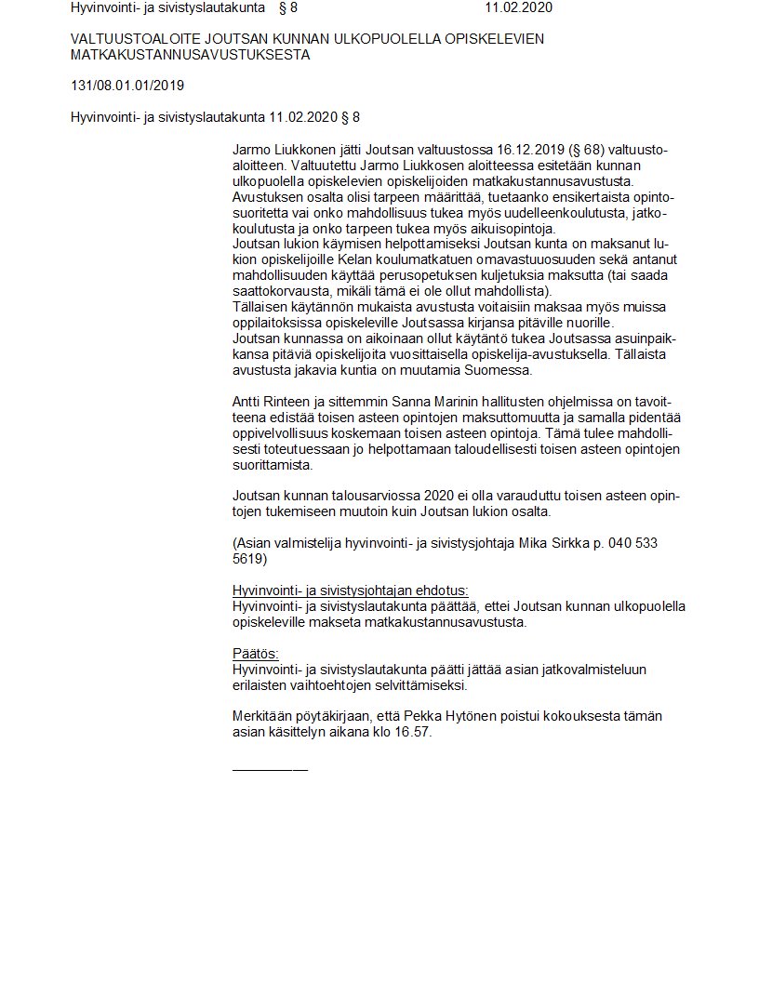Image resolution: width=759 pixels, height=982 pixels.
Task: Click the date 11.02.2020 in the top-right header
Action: pos(517,8)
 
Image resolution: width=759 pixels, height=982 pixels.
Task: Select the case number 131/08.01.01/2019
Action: pos(127,86)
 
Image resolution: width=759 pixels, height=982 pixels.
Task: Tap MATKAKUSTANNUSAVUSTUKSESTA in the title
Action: pos(191,55)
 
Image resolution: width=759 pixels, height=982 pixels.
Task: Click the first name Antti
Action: pos(247,402)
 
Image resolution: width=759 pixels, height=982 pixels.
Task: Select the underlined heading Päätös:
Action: pos(256,654)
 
